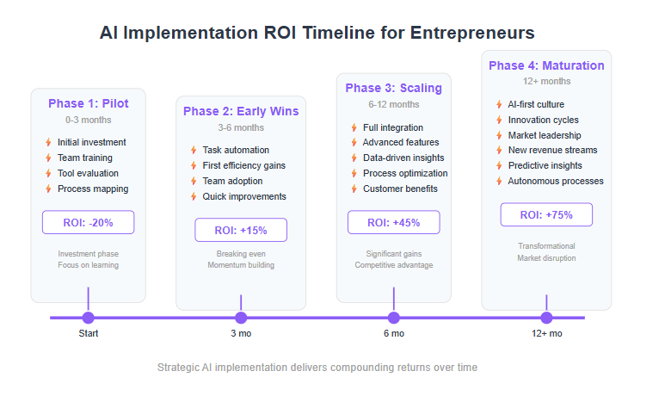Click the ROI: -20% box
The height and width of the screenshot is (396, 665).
point(89,222)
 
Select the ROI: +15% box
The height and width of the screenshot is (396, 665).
point(241,230)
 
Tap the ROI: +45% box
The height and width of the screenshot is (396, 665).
point(393,222)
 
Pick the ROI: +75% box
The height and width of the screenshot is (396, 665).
point(546,214)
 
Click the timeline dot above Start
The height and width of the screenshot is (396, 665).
point(89,318)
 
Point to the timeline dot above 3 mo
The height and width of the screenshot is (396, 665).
point(241,318)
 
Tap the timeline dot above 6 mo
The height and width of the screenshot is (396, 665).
point(393,318)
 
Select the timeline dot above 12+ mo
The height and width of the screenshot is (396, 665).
point(546,318)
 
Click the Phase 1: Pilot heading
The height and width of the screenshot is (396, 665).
point(89,103)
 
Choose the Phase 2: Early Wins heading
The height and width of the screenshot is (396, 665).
point(241,111)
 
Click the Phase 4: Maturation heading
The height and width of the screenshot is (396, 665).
point(546,65)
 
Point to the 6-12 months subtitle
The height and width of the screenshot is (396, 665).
point(393,104)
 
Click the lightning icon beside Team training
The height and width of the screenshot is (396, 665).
point(48,158)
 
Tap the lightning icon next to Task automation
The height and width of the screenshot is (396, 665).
point(194,150)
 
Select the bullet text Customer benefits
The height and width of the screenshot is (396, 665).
point(400,189)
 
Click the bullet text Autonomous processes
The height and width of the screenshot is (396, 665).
point(556,182)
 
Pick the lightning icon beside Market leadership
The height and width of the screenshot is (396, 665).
point(499,135)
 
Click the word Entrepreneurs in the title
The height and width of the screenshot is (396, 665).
point(472,33)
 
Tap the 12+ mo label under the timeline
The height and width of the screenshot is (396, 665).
point(546,334)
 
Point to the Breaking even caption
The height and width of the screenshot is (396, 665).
point(241,254)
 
